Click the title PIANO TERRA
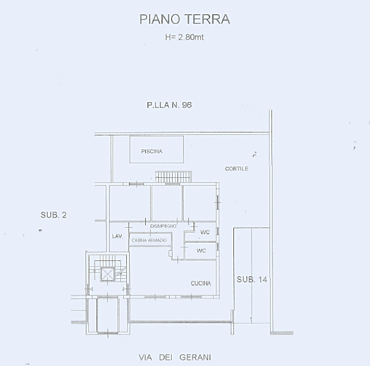185,19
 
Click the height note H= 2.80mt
185,37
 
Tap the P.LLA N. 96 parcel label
169,105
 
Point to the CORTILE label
237,169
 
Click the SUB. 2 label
53,215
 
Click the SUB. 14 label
251,280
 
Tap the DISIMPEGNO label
163,226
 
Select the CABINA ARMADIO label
149,240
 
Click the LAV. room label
117,236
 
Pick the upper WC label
205,233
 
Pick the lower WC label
201,251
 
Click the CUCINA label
200,284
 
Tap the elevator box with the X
108,274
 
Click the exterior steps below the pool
174,176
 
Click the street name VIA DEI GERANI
174,357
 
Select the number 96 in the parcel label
186,105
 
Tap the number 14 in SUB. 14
261,280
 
